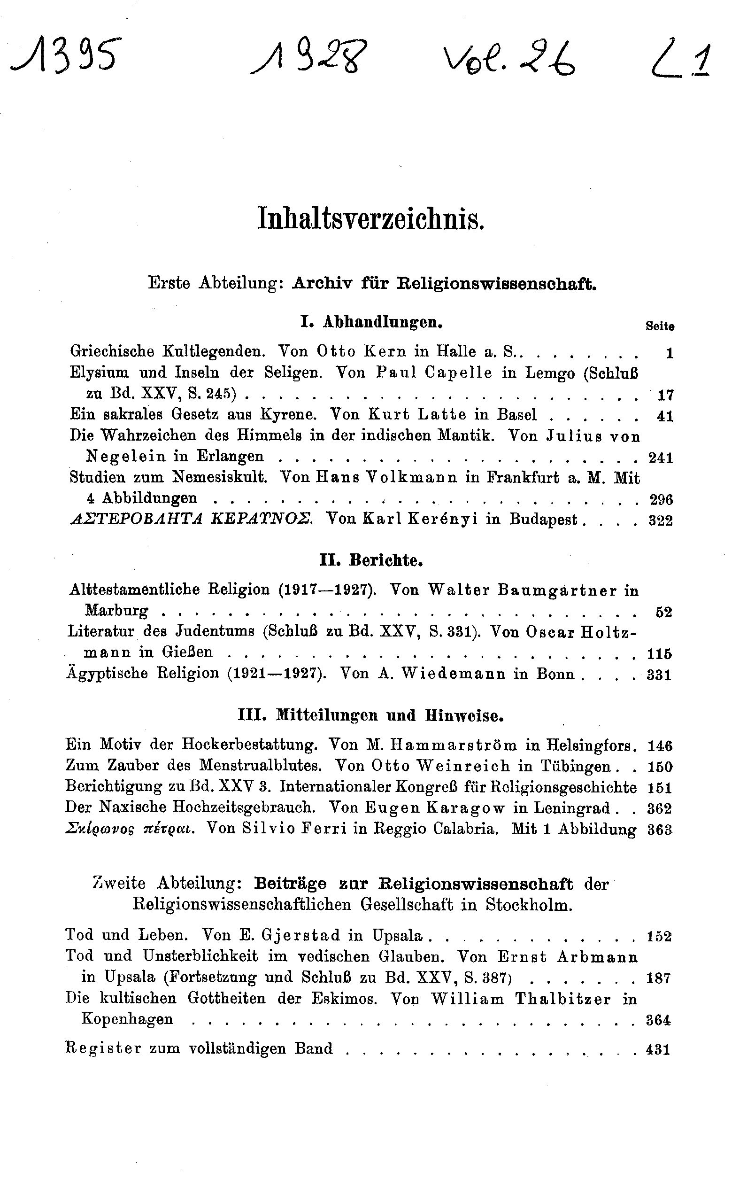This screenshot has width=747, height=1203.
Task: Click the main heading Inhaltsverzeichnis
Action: tap(371, 220)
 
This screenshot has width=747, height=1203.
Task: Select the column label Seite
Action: tap(660, 326)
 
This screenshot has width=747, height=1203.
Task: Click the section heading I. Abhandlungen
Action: tap(371, 323)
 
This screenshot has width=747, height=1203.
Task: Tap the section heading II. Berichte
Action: tap(371, 560)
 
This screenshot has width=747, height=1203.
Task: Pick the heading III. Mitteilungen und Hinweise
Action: tap(370, 715)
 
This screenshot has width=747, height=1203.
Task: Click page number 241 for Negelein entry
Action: tap(661, 458)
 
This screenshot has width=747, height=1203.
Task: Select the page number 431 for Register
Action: tap(658, 1049)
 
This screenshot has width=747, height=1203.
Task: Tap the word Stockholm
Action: tap(529, 904)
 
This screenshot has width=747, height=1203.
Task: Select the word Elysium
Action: tap(100, 373)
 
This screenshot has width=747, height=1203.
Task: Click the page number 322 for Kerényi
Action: tap(661, 520)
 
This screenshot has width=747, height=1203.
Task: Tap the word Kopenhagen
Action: tap(127, 1019)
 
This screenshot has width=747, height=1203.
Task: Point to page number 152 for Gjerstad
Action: tap(659, 936)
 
